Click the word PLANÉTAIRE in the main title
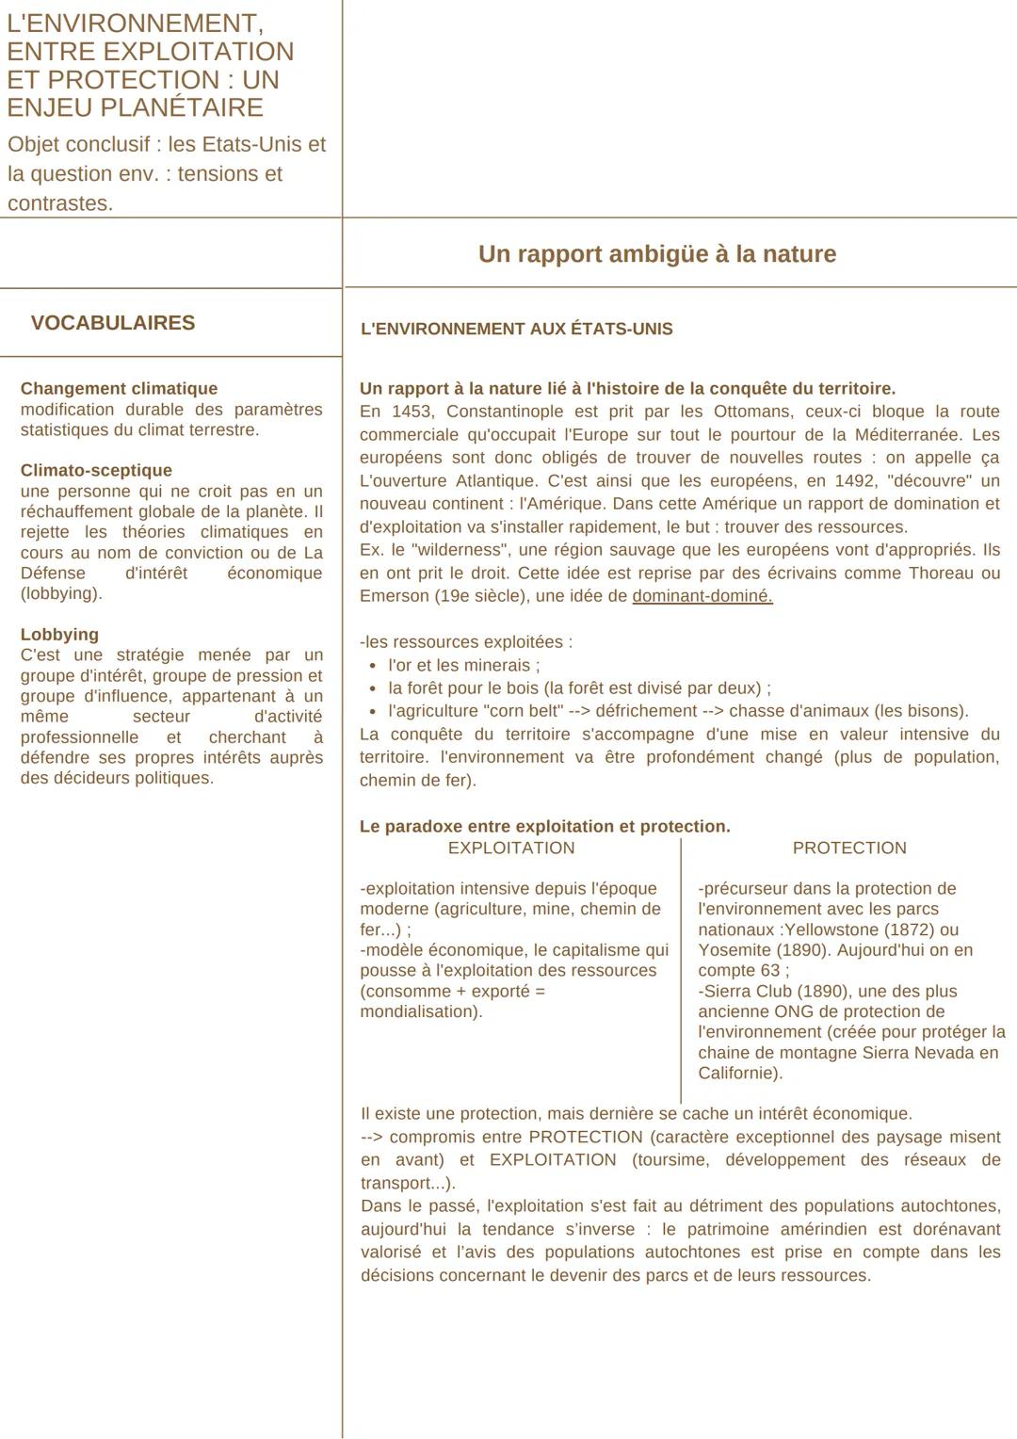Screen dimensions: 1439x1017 click(195, 107)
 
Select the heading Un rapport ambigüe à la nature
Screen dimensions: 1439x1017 click(656, 254)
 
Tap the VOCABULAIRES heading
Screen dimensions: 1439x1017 click(113, 323)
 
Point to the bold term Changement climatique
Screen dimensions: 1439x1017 click(119, 389)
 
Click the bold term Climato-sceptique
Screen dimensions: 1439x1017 click(96, 471)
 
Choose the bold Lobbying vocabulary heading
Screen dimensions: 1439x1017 click(59, 635)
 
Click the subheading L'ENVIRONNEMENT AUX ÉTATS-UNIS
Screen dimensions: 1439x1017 click(516, 330)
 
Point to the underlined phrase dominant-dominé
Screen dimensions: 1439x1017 click(702, 596)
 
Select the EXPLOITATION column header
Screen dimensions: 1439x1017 click(511, 849)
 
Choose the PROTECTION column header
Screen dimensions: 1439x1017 click(849, 849)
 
